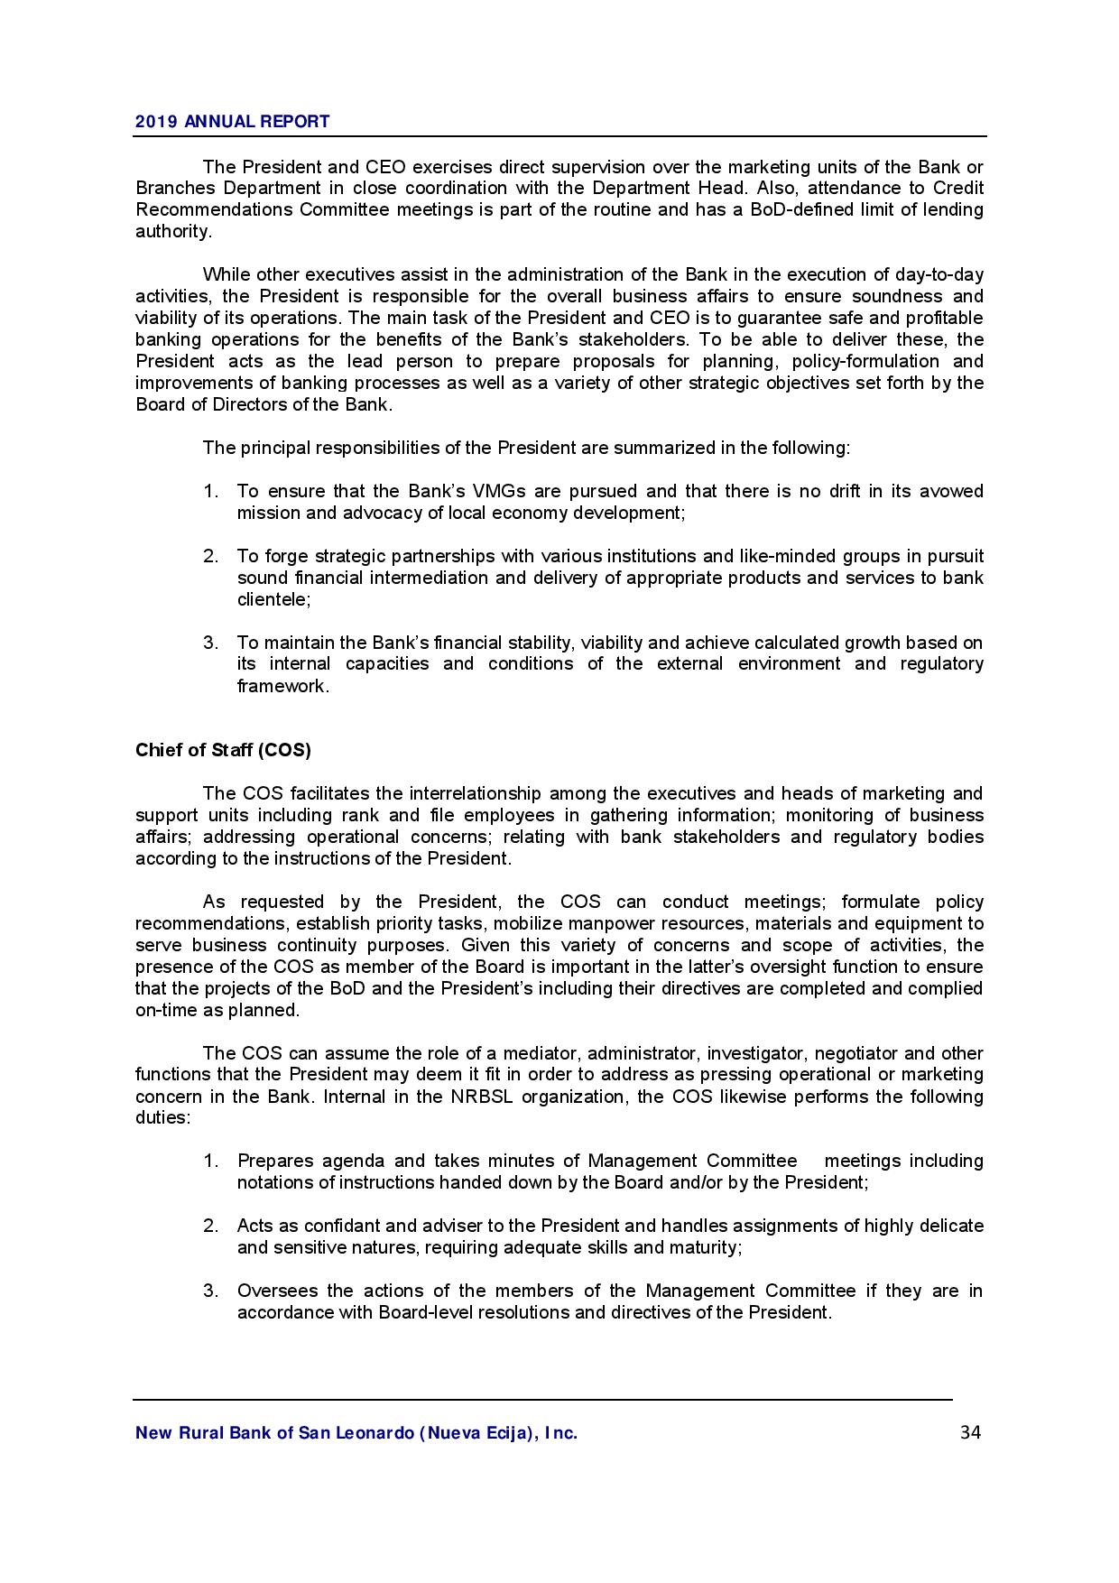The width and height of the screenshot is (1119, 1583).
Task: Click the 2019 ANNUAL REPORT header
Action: [x=232, y=121]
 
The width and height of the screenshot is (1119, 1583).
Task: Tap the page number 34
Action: [x=970, y=1432]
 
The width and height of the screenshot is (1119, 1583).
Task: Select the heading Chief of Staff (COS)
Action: [x=223, y=750]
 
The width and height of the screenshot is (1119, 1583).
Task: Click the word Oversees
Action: [x=277, y=1291]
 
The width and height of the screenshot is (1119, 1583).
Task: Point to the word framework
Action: [x=282, y=686]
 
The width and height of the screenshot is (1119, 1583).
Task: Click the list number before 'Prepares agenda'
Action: [x=210, y=1161]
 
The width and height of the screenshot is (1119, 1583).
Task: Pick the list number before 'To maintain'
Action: [x=210, y=643]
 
